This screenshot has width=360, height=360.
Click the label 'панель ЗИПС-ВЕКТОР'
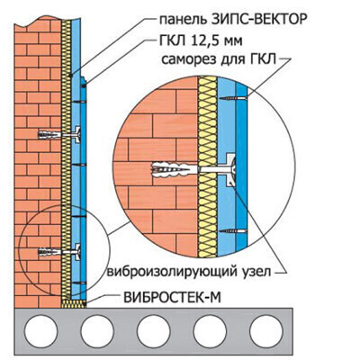tap(233, 20)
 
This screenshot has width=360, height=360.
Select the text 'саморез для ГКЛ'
tap(219, 59)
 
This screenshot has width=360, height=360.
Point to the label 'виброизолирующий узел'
tap(189, 272)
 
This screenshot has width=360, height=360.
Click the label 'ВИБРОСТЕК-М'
tap(172, 298)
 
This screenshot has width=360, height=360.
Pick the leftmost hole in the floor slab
tap(40, 331)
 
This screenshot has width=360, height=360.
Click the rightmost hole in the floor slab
tap(265, 331)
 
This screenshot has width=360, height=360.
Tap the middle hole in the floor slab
tap(153, 331)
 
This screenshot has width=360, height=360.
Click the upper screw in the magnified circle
tap(233, 98)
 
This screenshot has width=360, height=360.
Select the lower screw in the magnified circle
tap(233, 231)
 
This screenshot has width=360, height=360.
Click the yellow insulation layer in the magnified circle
tap(207, 166)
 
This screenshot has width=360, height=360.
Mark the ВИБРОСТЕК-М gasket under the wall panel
tap(74, 303)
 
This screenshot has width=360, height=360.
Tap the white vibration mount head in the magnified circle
tap(230, 170)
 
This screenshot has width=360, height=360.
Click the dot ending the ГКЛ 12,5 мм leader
tap(84, 86)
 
